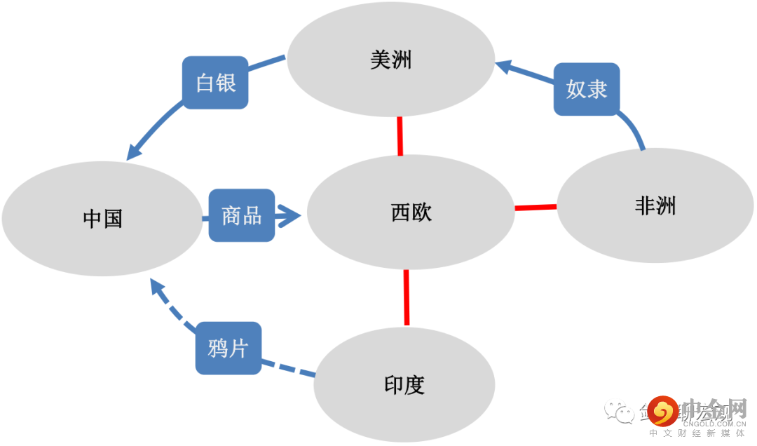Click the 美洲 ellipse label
click(x=391, y=60)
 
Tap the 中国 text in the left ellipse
click(x=102, y=219)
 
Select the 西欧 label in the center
click(x=411, y=212)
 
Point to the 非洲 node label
click(x=655, y=205)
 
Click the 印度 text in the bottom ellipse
click(x=404, y=385)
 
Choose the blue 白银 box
click(x=215, y=83)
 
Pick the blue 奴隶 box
click(x=587, y=89)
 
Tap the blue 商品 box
click(x=242, y=215)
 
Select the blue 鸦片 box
click(x=228, y=347)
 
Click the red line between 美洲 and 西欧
click(x=400, y=135)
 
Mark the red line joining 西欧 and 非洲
click(x=536, y=207)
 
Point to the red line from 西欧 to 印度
click(x=407, y=297)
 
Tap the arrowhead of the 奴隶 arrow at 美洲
click(x=504, y=67)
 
